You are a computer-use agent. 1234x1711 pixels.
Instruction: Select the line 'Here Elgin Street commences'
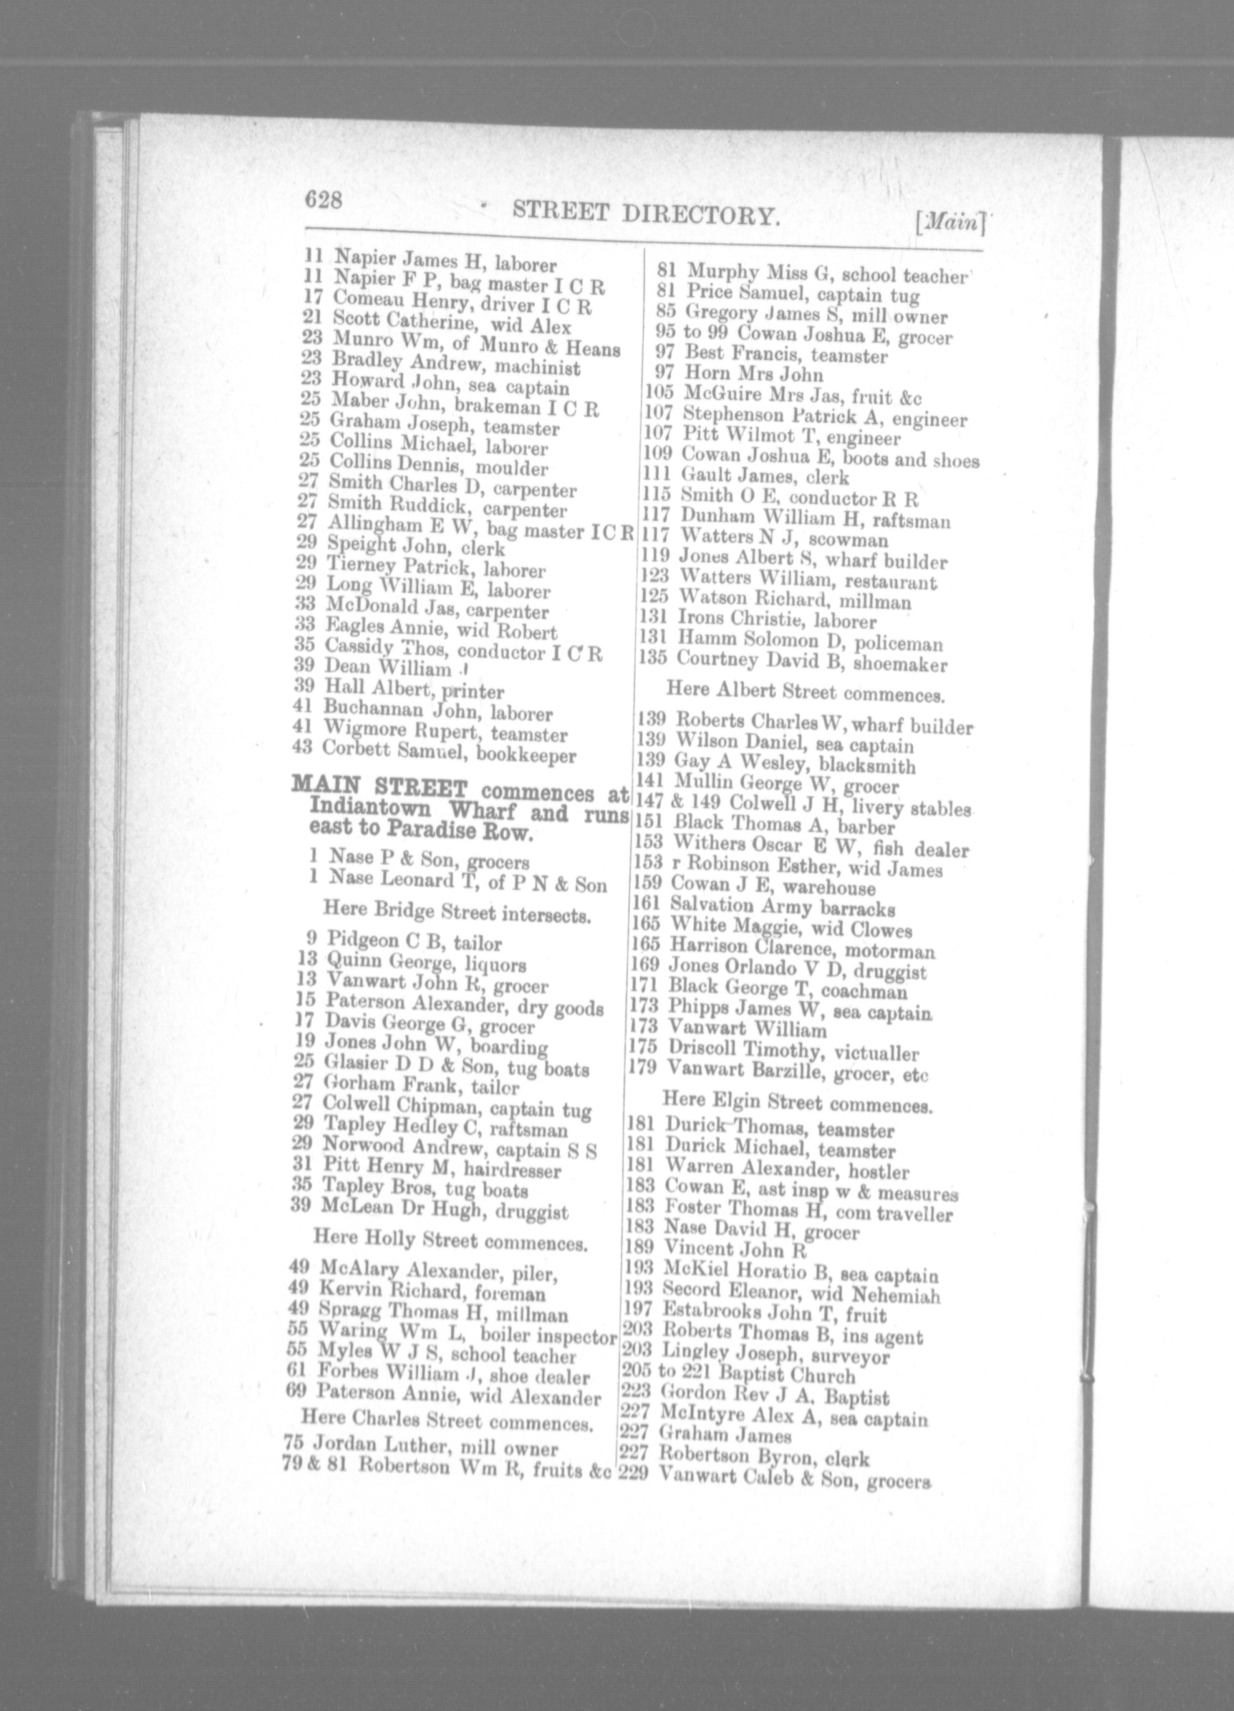click(797, 1104)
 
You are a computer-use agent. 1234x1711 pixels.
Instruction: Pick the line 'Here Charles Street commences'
click(445, 1421)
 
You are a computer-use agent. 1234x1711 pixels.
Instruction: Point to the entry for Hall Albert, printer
click(413, 689)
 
